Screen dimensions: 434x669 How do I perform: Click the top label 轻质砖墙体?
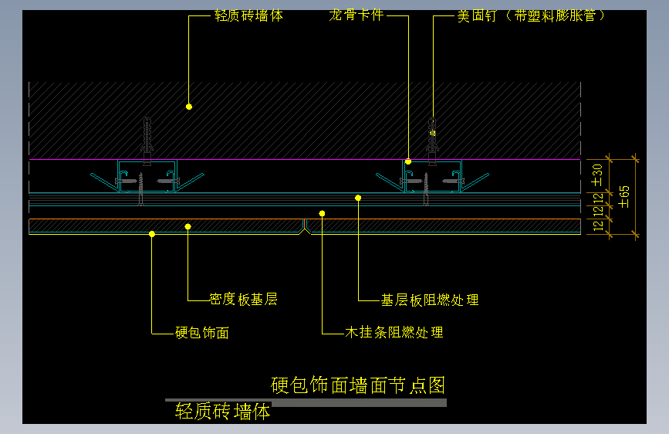(x=248, y=16)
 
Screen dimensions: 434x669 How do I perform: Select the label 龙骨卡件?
(x=356, y=16)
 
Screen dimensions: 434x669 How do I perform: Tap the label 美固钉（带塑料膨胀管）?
(x=532, y=16)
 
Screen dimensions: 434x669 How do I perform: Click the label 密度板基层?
(x=243, y=300)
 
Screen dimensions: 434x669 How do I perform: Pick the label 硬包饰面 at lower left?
(x=202, y=333)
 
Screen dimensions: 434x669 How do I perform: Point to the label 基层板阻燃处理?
(x=430, y=300)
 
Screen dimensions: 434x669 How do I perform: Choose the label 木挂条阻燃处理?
(x=394, y=333)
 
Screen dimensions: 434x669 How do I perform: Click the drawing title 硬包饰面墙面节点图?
(x=358, y=385)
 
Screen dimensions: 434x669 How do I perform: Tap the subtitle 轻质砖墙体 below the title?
(x=223, y=412)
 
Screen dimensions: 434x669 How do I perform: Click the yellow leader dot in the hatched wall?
(x=188, y=106)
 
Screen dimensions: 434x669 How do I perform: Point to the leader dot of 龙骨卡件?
(x=408, y=161)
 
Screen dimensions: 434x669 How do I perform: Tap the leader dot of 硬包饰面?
(x=152, y=234)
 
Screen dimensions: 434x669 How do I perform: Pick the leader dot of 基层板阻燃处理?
(x=358, y=198)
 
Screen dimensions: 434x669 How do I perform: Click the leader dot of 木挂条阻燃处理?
(x=322, y=213)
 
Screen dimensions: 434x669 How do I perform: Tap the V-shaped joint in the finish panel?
(x=306, y=225)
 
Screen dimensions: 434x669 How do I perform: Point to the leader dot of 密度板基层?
(x=188, y=226)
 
